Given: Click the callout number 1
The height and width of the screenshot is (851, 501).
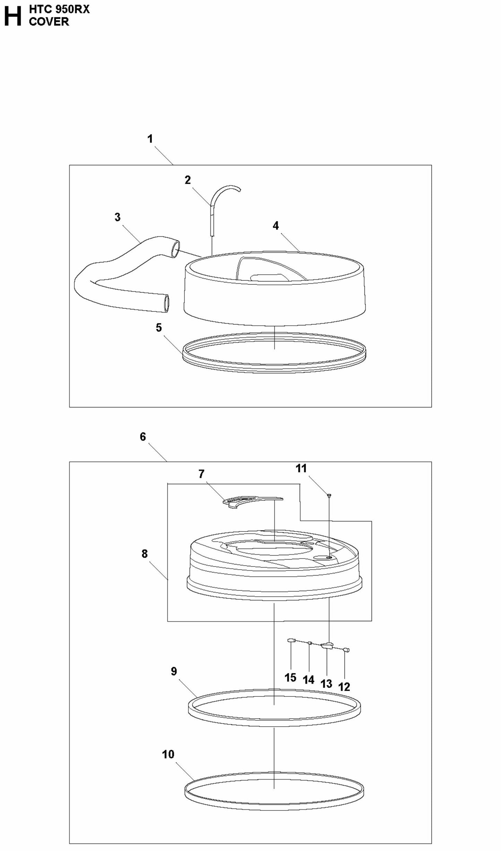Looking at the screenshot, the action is click(150, 139).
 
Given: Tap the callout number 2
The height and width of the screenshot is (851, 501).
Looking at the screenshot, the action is click(188, 180).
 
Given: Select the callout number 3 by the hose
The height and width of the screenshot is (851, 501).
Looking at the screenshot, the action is click(118, 217).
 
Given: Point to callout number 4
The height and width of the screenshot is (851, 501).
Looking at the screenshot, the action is click(276, 226).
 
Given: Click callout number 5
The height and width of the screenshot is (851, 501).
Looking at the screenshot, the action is click(159, 328).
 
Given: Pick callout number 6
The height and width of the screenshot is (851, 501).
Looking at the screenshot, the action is click(143, 437).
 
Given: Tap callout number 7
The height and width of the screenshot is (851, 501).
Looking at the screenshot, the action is click(201, 474).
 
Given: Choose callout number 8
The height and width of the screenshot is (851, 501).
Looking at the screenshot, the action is click(145, 554).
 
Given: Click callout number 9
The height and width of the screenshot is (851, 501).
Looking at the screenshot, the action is click(174, 672).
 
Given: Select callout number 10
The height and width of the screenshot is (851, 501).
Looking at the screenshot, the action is click(168, 754).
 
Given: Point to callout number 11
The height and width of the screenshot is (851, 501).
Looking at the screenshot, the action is click(301, 468).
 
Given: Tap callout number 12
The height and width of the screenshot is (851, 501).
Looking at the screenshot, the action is click(344, 687).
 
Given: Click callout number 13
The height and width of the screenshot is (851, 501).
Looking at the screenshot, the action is click(326, 684).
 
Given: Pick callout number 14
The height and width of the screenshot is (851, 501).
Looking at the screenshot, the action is click(309, 680).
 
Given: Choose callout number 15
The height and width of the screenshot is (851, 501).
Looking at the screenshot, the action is click(291, 677).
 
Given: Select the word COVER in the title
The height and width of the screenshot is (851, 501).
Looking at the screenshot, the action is click(49, 21).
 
